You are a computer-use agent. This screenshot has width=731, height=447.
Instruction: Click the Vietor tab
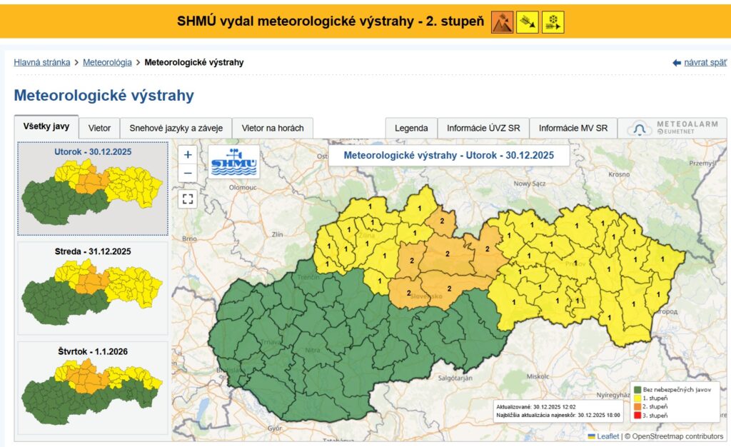pos(99,128)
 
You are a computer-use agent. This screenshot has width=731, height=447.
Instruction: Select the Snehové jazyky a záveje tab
pos(176,128)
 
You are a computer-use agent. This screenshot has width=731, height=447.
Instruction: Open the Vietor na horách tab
pos(273,128)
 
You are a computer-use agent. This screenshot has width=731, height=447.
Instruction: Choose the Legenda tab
pos(411,129)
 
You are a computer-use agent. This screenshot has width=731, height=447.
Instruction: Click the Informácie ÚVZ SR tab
pos(483,129)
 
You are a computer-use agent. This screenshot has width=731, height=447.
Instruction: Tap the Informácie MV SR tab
pos(573,129)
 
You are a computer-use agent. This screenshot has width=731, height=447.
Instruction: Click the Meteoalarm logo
pos(672,128)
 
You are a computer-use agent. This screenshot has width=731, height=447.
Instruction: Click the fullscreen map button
pos(188,199)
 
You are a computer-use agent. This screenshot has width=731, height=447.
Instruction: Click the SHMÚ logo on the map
pos(233,162)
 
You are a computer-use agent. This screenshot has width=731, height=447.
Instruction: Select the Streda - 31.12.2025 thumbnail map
pos(93,288)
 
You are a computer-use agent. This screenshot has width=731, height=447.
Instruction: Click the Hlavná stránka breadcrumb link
pos(42,62)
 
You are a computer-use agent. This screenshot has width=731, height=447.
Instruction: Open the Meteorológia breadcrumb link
pos(107,62)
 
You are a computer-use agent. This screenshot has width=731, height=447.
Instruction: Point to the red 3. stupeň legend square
pos(637,415)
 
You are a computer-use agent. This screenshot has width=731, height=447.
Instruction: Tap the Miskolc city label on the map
pos(534,374)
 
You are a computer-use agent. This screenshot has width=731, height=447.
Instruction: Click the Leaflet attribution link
pos(608,436)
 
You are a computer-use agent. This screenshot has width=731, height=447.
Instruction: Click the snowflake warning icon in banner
pos(553,22)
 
